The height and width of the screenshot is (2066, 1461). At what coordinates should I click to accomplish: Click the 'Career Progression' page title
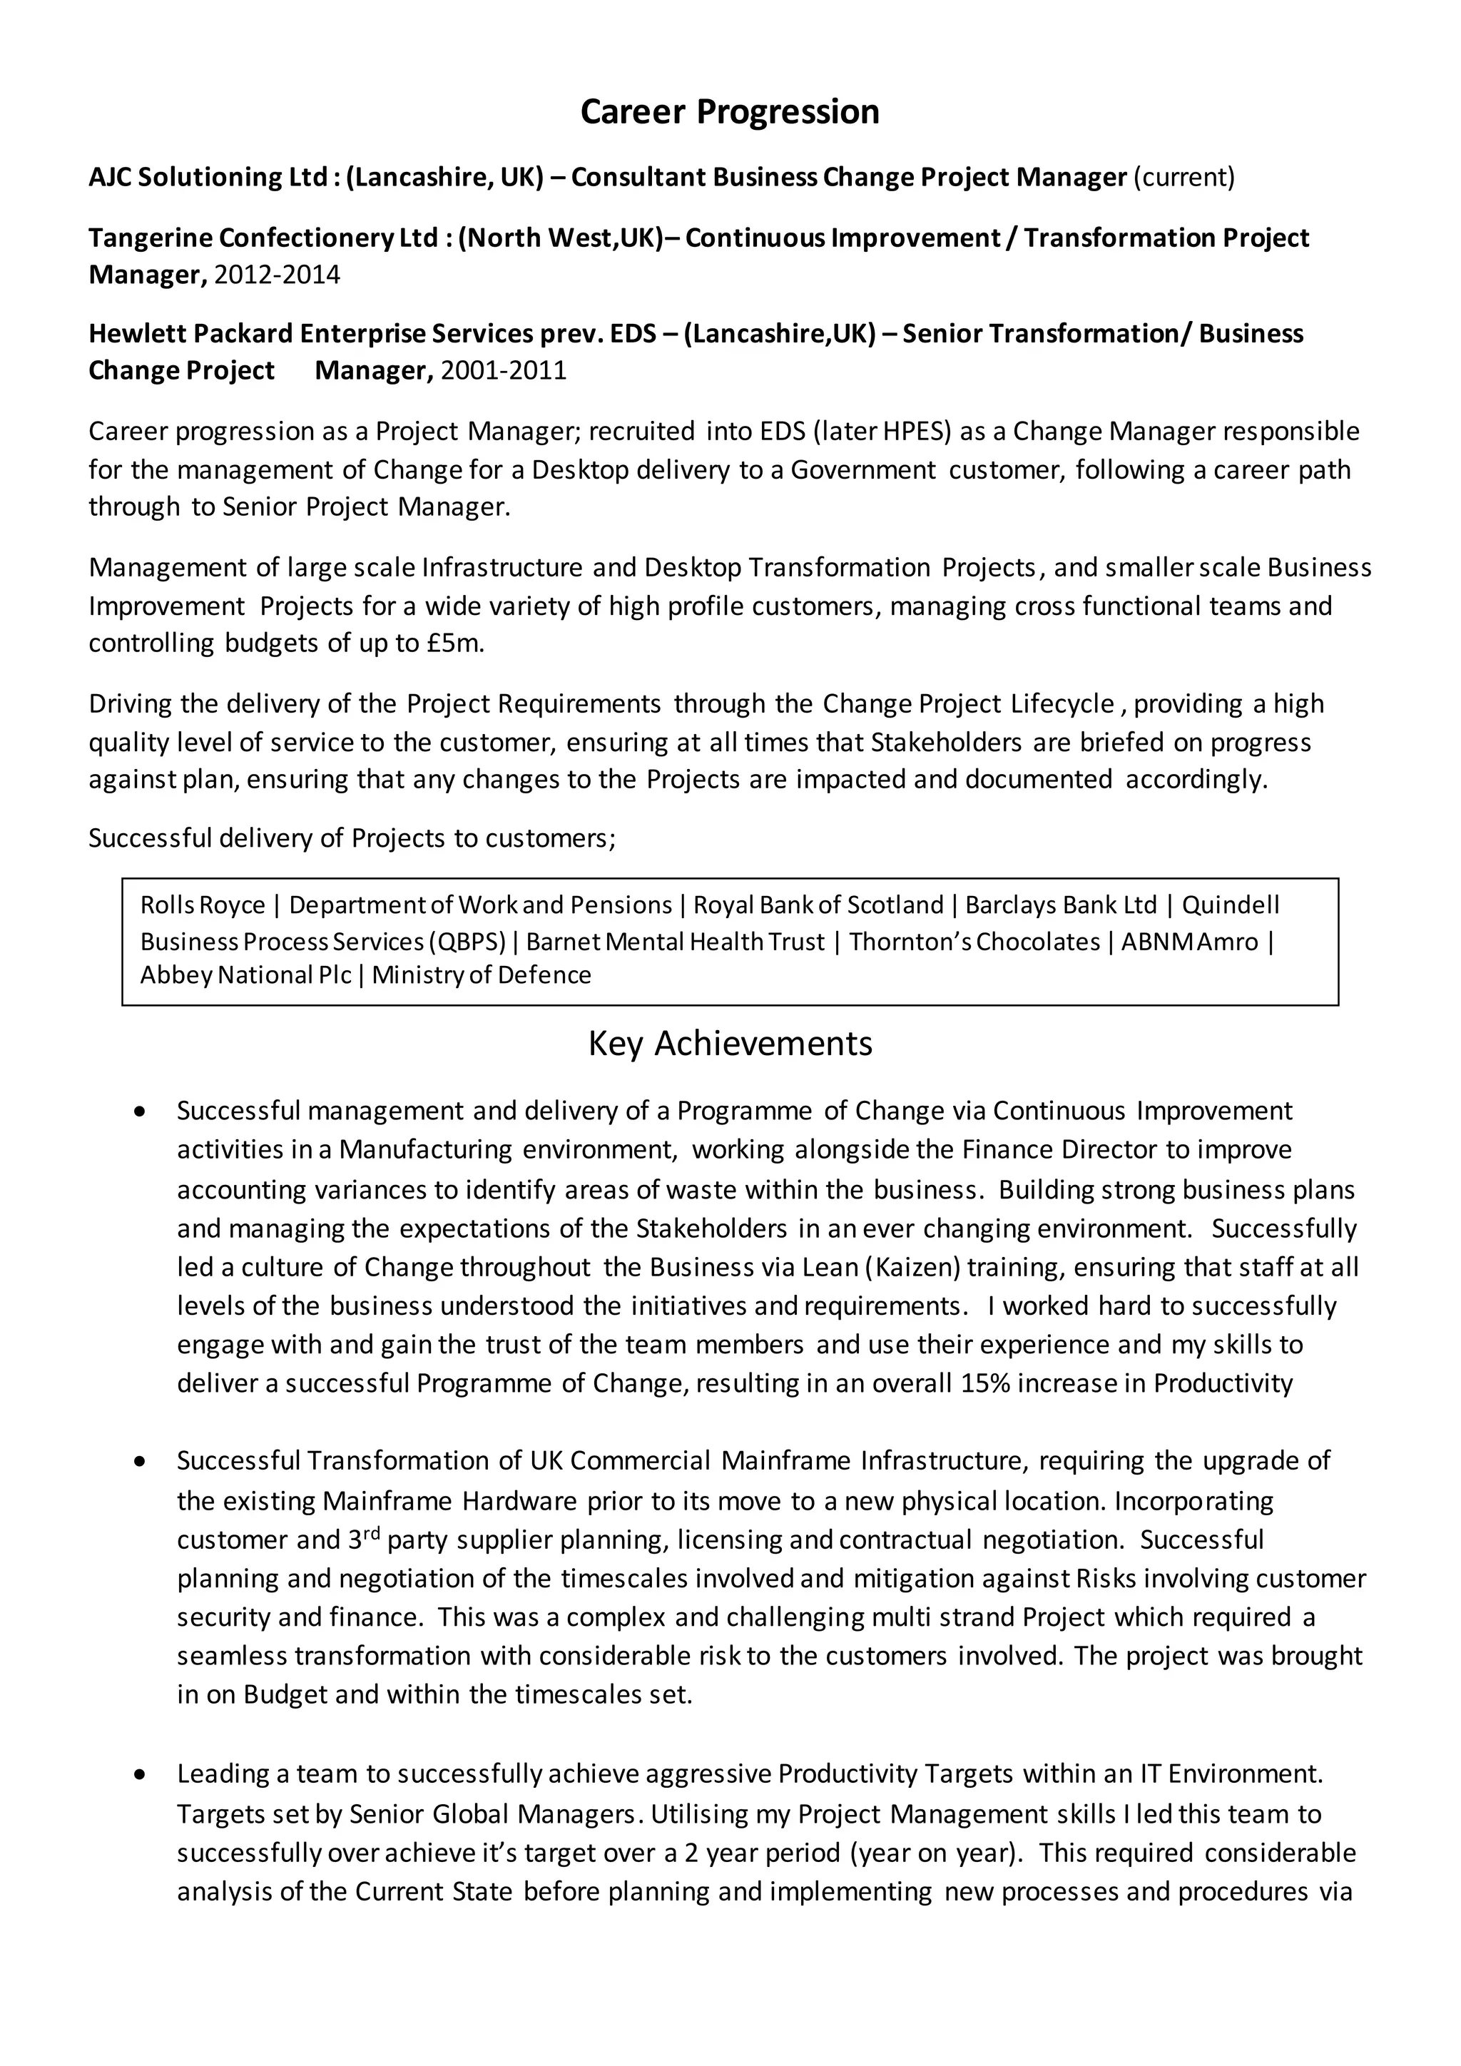730,111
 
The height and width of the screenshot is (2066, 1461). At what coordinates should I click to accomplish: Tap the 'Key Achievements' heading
730,1043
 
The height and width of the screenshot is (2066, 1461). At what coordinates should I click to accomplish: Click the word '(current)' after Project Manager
1183,177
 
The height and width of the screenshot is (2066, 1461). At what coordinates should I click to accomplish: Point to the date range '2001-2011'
503,371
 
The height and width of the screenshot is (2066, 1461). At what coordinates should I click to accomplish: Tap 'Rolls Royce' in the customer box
203,905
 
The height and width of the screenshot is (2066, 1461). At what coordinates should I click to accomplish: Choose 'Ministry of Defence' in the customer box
482,975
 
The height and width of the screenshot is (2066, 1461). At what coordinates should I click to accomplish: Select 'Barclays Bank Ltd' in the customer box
1061,905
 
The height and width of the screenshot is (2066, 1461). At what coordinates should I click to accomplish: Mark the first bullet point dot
138,1112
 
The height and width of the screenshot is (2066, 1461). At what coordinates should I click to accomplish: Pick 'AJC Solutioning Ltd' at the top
207,177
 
